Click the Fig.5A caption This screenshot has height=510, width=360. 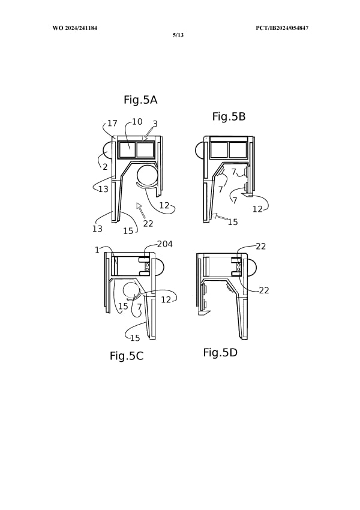(x=140, y=100)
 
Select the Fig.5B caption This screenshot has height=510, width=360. (x=229, y=116)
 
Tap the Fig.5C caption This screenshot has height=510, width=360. (x=127, y=356)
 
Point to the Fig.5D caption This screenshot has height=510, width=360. (x=220, y=353)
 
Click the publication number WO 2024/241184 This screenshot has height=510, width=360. (x=75, y=28)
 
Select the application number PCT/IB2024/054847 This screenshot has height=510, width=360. (x=282, y=28)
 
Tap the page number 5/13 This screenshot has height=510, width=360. (x=178, y=35)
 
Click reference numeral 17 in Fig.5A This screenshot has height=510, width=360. (x=112, y=123)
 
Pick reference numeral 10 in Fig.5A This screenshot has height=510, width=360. (x=137, y=122)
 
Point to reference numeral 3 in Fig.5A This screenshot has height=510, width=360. (x=155, y=124)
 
